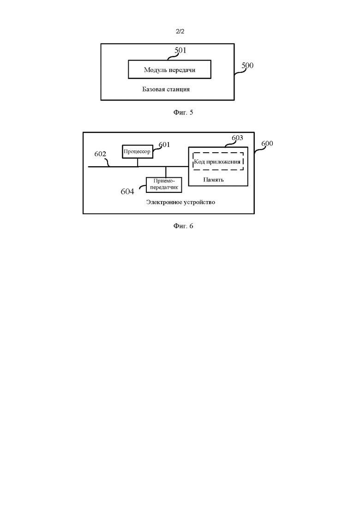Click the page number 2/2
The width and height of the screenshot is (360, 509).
[180, 31]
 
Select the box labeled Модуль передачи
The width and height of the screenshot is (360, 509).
[169, 70]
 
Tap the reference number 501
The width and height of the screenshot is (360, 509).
[180, 50]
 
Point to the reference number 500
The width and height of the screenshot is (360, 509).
[247, 66]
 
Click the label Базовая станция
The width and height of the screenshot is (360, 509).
[166, 89]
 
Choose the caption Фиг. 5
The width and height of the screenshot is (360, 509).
[183, 112]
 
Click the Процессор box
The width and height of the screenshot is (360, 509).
[138, 152]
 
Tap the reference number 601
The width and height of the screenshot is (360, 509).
[164, 145]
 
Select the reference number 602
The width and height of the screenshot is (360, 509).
[100, 154]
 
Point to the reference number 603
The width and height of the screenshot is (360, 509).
[237, 138]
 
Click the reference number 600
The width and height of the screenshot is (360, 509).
[267, 144]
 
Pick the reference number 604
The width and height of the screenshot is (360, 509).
[127, 192]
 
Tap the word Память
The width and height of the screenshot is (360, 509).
[213, 180]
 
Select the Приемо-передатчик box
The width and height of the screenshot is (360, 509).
[164, 185]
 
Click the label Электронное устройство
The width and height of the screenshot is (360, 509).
[180, 202]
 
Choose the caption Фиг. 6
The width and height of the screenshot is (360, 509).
[183, 226]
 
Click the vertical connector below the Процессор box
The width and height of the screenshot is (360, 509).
[138, 162]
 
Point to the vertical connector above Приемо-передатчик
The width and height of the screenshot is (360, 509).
[166, 172]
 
